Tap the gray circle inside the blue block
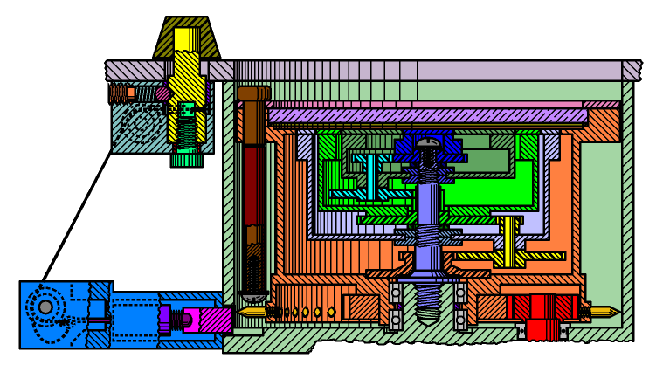(45, 307)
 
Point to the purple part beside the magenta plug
(165, 319)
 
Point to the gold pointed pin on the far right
(605, 312)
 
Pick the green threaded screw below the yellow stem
(186, 140)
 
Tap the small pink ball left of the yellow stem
(162, 93)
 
